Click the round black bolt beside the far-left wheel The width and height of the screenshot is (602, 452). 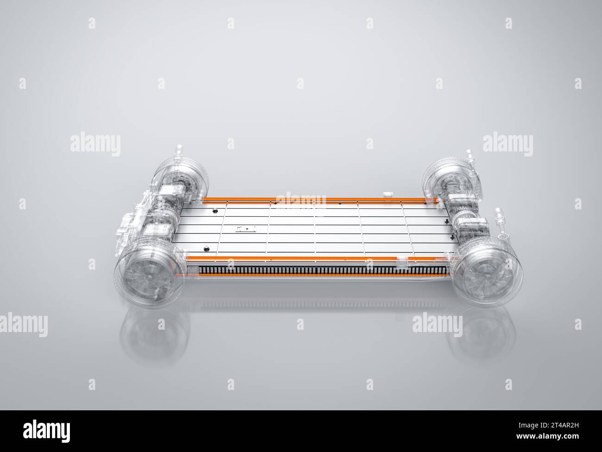(214, 211)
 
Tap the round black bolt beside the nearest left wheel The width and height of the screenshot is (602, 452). (205, 249)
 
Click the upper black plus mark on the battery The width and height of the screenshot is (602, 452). (446, 222)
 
